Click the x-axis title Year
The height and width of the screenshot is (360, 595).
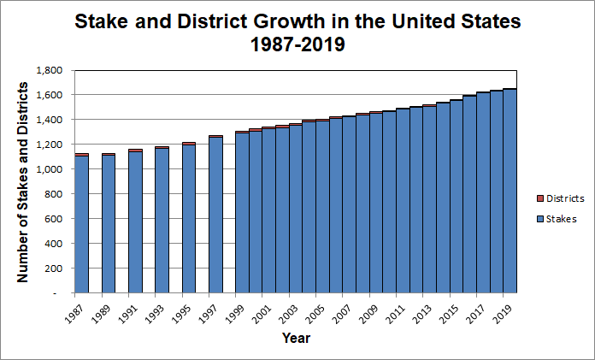(x=296, y=338)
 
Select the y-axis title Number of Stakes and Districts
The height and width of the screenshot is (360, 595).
(x=23, y=181)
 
